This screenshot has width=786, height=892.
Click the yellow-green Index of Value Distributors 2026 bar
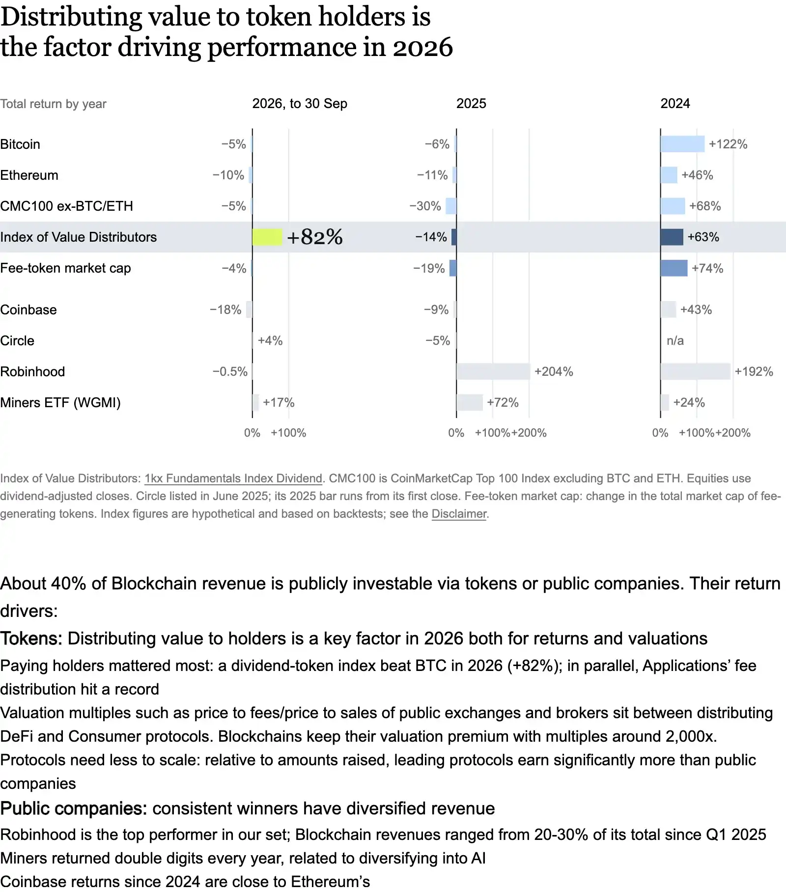pos(267,237)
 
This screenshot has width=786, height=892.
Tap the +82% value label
pos(315,237)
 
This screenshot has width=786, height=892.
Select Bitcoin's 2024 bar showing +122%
pos(683,144)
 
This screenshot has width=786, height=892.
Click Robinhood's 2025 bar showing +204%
pos(494,372)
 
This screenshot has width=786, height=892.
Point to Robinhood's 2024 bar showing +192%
pos(696,372)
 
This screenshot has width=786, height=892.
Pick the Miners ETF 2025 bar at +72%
pos(470,403)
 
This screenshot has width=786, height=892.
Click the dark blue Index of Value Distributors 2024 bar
pos(672,237)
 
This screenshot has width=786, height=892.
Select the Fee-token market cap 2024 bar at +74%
pos(674,268)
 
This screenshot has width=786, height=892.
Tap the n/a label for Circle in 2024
pos(675,341)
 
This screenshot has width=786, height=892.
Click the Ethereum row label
pos(29,175)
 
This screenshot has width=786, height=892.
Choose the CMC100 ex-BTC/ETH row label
pos(66,206)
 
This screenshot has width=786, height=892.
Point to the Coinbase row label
pos(28,310)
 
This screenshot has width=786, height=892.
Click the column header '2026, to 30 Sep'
pos(300,104)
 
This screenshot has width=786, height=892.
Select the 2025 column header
pos(471,104)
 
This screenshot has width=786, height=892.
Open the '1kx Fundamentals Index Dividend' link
pos(233,478)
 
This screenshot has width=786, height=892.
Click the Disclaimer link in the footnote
pos(459,514)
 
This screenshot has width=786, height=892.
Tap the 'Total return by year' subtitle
pos(53,104)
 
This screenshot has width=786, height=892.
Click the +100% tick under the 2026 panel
pos(288,433)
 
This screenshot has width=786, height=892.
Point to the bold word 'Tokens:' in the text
pos(31,639)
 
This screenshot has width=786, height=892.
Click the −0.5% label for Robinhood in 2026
pos(230,372)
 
